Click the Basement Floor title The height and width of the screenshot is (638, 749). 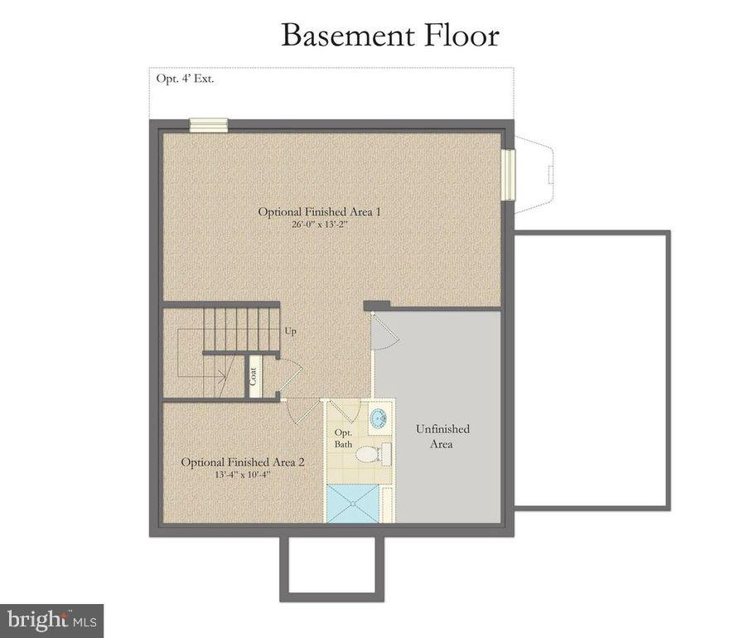(x=389, y=36)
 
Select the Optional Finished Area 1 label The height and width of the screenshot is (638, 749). (x=319, y=211)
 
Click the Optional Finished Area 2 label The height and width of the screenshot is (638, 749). (x=243, y=462)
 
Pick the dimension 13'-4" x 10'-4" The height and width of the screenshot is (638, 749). (x=243, y=476)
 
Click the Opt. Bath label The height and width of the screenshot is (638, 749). (x=343, y=438)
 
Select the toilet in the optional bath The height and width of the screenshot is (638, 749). (x=383, y=453)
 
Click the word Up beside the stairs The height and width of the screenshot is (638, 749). (x=290, y=331)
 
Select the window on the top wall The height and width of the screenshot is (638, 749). (x=208, y=125)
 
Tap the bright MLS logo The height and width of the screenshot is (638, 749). (x=51, y=619)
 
